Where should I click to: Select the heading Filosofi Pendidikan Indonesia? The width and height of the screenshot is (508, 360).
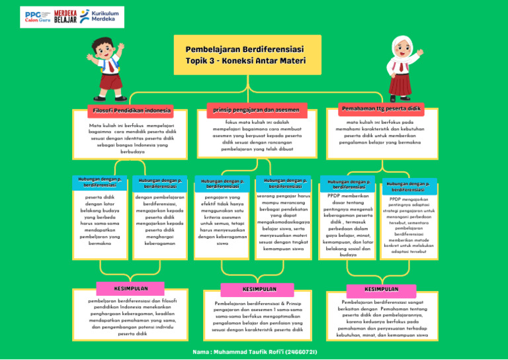coord(132,110)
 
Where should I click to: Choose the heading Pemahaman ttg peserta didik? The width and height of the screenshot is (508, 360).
coord(381,108)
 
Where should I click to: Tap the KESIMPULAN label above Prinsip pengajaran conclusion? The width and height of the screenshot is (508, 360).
coord(255,290)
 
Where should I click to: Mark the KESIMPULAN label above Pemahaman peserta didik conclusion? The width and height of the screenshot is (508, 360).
coord(382,289)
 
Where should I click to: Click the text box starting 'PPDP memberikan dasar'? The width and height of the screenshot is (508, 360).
coord(347,225)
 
